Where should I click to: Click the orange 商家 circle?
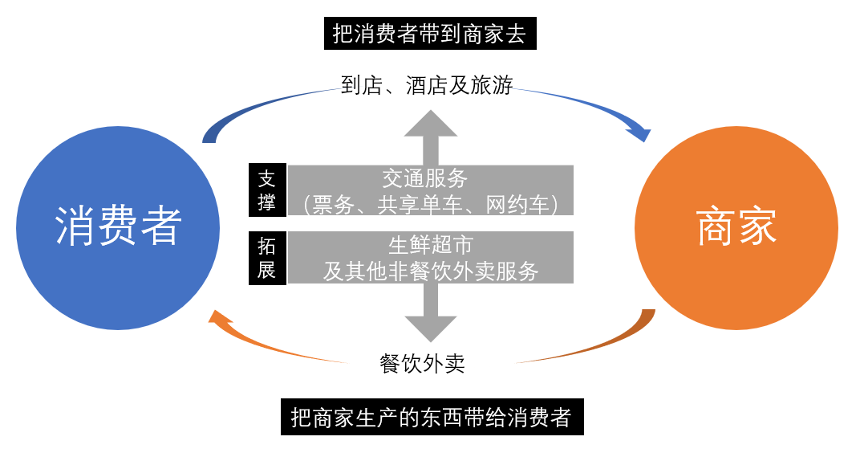click(736, 227)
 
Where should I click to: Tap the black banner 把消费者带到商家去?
click(430, 35)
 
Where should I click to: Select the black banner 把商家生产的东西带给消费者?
click(432, 418)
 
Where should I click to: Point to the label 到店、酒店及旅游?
click(427, 85)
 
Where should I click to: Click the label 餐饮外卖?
click(422, 364)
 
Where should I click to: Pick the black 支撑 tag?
click(266, 190)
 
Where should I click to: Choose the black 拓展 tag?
click(266, 257)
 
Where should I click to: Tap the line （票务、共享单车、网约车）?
click(431, 203)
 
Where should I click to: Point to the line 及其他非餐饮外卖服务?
click(431, 271)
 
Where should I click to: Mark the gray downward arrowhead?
click(431, 327)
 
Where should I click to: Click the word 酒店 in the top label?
click(426, 85)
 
